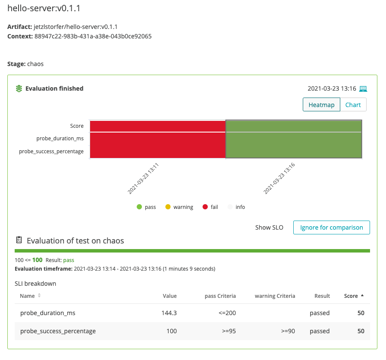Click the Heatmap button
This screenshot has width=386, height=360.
[321, 105]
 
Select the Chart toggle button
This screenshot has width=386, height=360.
[353, 105]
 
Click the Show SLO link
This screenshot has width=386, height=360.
[269, 227]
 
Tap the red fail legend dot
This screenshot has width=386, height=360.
[205, 207]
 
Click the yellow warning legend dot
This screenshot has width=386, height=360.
[168, 207]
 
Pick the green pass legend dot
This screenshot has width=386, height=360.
[139, 207]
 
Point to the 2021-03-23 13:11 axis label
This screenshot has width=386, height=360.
[143, 178]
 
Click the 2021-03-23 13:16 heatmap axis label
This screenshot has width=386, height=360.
[279, 178]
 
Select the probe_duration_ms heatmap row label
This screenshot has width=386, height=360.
[60, 139]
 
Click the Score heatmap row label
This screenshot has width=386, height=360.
[77, 126]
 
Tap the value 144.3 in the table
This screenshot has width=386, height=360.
[169, 313]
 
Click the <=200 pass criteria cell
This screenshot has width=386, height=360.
[227, 313]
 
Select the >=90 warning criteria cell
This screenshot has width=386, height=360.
[288, 331]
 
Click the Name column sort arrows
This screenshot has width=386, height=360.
[39, 295]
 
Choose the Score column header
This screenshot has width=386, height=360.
[351, 296]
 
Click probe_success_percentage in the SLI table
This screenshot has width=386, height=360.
[58, 331]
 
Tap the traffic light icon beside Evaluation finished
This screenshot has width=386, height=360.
[19, 88]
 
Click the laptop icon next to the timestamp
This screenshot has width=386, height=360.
[363, 89]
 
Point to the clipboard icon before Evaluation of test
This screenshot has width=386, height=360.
[19, 240]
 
